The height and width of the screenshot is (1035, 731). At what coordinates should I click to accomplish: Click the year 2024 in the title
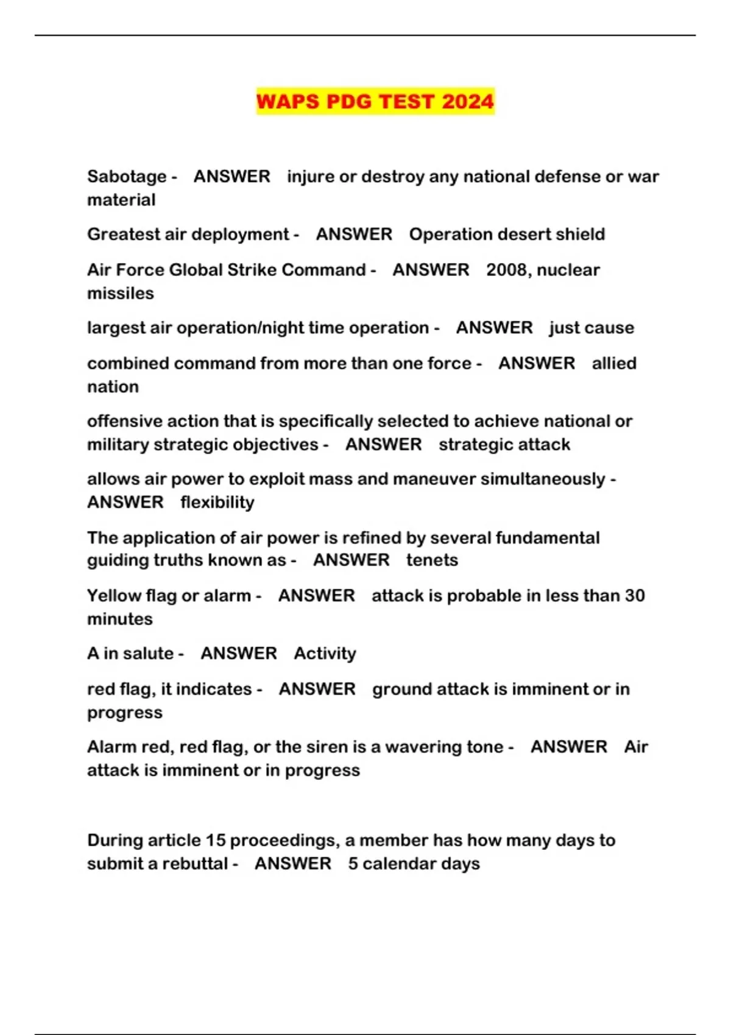(x=467, y=101)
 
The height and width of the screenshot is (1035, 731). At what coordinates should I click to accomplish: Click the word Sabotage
(x=127, y=177)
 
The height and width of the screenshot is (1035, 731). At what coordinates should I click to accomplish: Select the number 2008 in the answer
(x=506, y=270)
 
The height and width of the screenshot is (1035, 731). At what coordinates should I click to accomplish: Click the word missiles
(x=120, y=293)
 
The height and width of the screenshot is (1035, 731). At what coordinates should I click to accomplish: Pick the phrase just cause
(x=591, y=328)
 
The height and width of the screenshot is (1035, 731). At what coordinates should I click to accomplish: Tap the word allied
(x=614, y=363)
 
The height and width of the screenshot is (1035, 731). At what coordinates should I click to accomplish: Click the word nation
(x=113, y=387)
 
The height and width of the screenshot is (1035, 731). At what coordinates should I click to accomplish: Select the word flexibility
(x=217, y=502)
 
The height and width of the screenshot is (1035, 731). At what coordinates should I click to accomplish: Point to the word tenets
(x=432, y=560)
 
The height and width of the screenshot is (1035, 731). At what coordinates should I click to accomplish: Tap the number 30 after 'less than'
(x=635, y=595)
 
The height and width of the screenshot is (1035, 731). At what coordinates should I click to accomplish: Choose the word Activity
(x=325, y=653)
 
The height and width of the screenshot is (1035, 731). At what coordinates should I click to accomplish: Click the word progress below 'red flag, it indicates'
(x=124, y=713)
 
